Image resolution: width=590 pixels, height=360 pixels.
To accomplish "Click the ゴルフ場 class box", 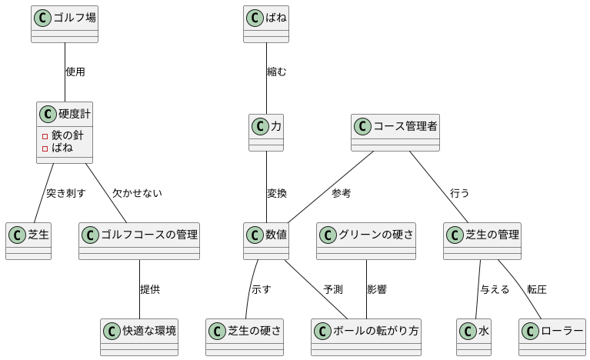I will point(65,23).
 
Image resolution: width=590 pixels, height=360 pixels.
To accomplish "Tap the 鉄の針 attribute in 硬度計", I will point(68,135).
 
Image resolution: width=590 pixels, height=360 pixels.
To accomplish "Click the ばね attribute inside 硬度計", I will point(62,148).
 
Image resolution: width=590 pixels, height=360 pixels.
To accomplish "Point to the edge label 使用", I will point(75,72).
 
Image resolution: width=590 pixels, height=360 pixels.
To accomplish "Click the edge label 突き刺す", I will point(65,193).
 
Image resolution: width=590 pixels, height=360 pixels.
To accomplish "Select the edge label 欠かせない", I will point(137,193).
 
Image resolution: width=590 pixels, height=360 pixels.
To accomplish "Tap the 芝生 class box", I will point(28,241).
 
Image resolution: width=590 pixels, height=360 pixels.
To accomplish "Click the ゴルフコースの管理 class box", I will point(139,241).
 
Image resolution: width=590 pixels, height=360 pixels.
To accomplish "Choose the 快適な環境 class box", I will point(139,337).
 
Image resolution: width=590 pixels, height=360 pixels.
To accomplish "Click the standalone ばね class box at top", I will point(265,23).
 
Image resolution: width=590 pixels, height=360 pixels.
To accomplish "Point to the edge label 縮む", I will point(276,72).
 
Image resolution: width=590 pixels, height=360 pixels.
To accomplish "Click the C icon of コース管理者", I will point(362,125).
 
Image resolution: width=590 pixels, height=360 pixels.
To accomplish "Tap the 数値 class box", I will point(266,241).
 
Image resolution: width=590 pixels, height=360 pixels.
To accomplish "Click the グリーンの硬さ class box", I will point(366,241).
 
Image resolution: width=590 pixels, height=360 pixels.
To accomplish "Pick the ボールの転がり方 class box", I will point(367,337).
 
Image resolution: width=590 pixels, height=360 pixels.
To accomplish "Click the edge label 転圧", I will point(536,290).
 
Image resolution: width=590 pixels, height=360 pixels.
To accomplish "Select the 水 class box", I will point(473,337).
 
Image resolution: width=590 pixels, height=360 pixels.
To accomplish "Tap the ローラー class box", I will point(552,337).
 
